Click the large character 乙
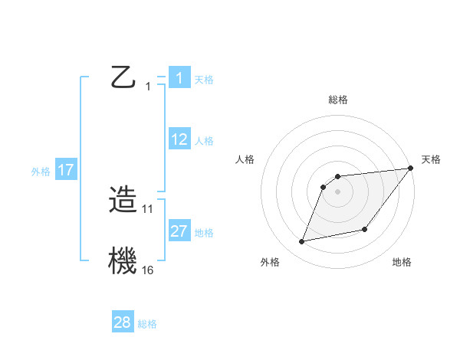(x=123, y=77)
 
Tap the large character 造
(x=123, y=201)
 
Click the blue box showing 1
(x=179, y=77)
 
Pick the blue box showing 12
(x=179, y=139)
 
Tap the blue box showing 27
(x=179, y=231)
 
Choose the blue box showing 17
(x=66, y=170)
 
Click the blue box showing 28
(x=123, y=322)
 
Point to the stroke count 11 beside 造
(x=147, y=208)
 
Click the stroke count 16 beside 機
(x=147, y=270)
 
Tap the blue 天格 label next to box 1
(x=204, y=79)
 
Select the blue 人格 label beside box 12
(x=204, y=141)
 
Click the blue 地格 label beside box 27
(x=204, y=233)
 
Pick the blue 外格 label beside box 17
(x=41, y=172)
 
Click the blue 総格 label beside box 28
(x=147, y=324)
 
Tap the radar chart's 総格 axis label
(x=337, y=100)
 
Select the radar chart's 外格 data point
(x=302, y=241)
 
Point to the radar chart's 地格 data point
(x=365, y=229)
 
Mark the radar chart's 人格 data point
(x=324, y=187)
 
